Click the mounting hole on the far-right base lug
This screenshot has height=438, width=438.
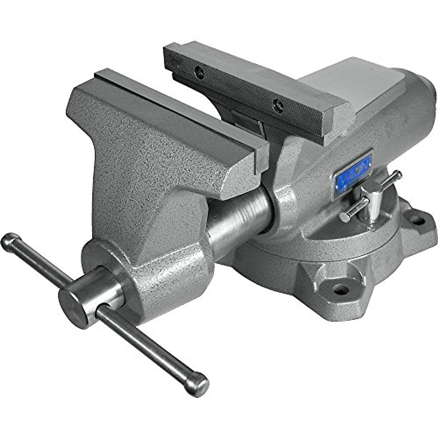click(418, 220)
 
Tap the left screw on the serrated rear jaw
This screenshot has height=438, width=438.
click(199, 72)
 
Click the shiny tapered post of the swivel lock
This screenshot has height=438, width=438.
click(372, 208)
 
